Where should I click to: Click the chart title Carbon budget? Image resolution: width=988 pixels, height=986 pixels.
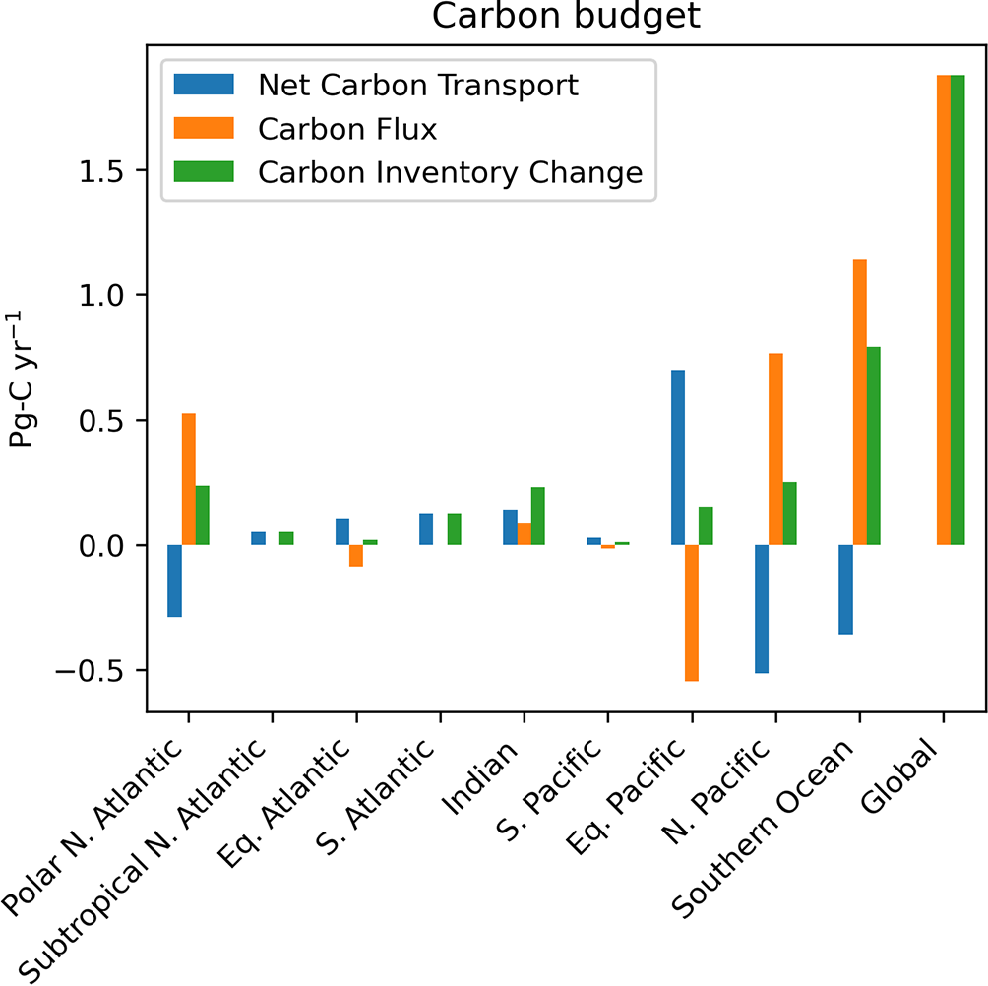565,17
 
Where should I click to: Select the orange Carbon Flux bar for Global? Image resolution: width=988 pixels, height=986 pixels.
943,309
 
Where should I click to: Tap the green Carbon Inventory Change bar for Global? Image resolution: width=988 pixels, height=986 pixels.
957,309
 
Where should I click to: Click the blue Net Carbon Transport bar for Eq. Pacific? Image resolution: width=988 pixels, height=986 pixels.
678,458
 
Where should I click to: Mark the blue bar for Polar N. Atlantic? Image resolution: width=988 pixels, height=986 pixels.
174,581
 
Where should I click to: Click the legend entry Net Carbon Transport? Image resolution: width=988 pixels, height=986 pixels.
418,85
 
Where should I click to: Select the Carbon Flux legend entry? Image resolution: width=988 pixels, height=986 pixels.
347,128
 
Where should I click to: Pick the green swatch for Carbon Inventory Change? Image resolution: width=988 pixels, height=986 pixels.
203,171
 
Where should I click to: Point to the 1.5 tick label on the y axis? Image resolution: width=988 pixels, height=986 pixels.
109,170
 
